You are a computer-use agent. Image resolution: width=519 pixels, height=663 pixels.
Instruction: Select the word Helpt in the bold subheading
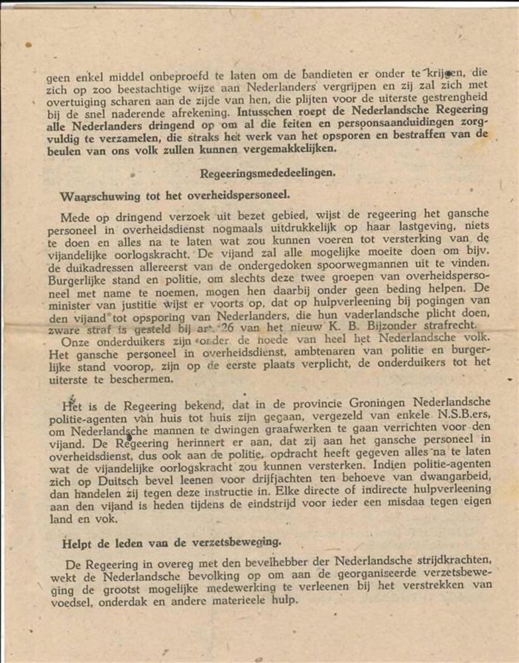[77, 543]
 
